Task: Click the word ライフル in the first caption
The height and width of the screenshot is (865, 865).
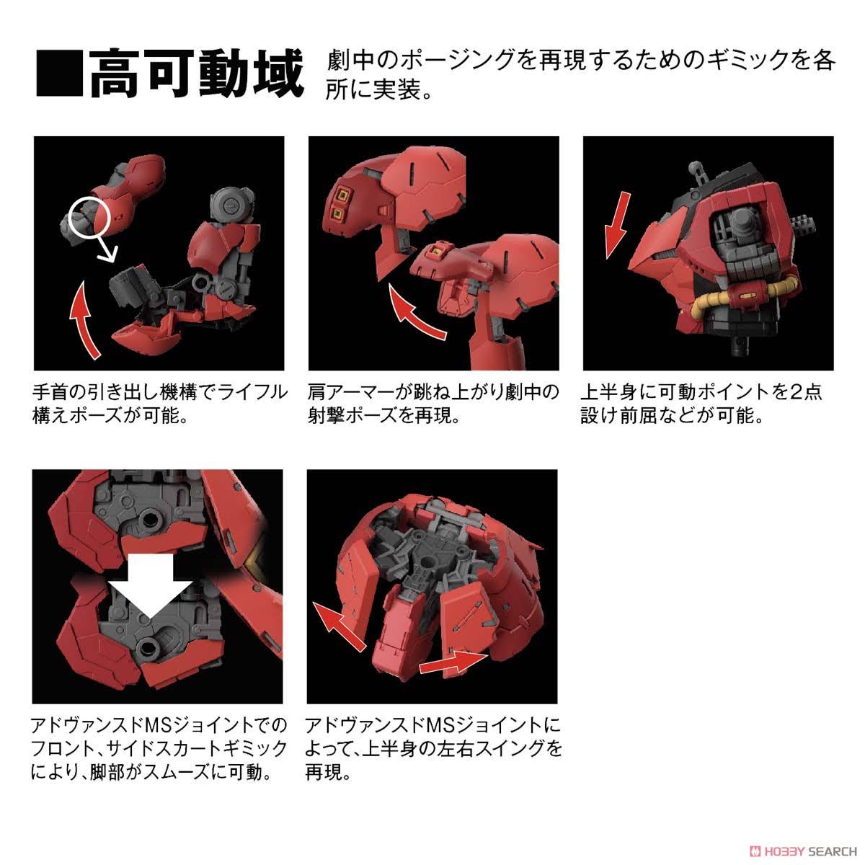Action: click(249, 393)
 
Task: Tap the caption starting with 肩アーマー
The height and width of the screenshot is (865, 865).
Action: click(432, 404)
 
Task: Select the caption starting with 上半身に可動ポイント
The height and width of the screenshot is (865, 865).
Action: click(703, 404)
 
